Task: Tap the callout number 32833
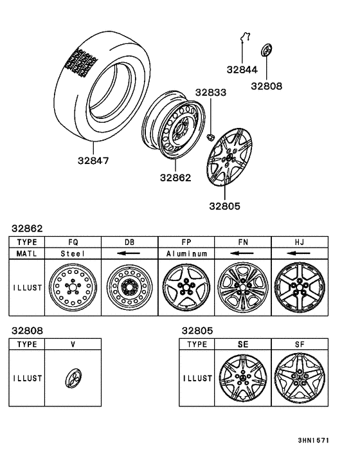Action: point(212,93)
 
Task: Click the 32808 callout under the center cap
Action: point(266,85)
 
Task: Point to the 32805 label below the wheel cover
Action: point(224,207)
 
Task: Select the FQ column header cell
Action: point(73,242)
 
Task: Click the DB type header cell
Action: point(130,242)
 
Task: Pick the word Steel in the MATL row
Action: point(73,253)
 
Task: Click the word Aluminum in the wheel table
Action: point(186,253)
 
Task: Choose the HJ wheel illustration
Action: point(299,287)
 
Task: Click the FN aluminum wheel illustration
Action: point(242,287)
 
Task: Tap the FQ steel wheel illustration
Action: point(73,287)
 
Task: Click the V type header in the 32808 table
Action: point(73,344)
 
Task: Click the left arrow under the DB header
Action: point(130,253)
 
